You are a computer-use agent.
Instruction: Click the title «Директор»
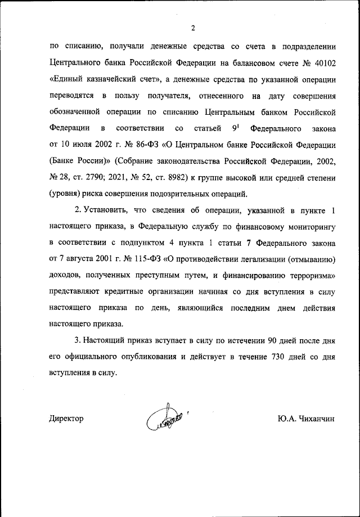(66, 419)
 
